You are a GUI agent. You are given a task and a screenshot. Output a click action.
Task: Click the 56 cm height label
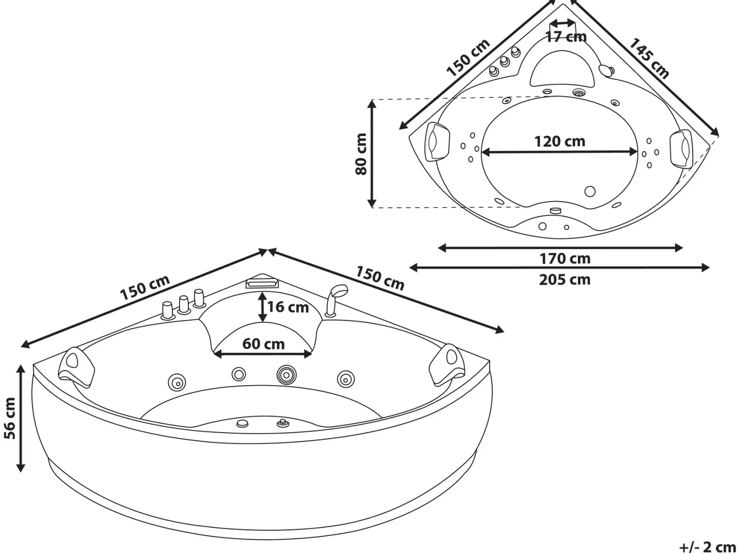[x=10, y=418]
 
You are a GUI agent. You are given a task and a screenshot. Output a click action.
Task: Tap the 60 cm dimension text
[x=264, y=344]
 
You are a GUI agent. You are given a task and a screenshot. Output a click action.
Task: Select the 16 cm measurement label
[x=288, y=307]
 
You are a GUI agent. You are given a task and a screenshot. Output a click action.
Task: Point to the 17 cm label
[x=566, y=36]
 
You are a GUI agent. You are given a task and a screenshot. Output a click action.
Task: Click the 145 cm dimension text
[x=649, y=59]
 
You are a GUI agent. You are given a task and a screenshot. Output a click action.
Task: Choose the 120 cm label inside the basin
[x=560, y=141]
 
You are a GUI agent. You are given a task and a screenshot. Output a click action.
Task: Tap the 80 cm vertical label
[x=361, y=154]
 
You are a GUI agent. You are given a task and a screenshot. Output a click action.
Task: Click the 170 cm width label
[x=565, y=258]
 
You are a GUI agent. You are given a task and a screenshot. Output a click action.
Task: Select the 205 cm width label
[x=565, y=280]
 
